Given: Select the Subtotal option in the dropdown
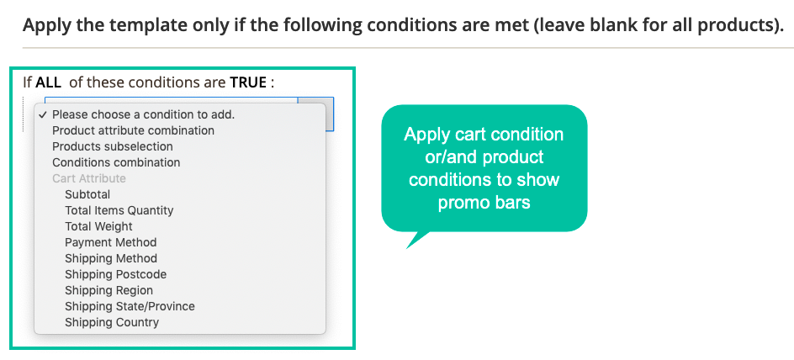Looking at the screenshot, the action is point(87,194).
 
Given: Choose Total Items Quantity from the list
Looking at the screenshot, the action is point(119,210).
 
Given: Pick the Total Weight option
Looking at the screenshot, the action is point(98,226).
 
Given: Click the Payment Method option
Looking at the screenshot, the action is point(111,242).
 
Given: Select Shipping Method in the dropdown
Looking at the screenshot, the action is point(111,258).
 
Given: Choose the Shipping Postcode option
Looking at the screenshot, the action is point(115,274).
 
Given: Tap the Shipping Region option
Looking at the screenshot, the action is point(109,291).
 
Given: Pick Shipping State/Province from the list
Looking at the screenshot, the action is point(130,306).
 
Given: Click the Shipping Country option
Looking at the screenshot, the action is point(112,322).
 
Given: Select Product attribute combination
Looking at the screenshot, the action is point(133,130).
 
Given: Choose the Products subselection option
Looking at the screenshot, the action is point(113,146).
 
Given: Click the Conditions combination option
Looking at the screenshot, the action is point(116,162).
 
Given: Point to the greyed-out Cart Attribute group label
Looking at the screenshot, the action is point(89,178).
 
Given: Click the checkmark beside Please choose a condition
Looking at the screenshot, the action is point(44,114).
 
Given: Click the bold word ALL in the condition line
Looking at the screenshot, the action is point(48,82).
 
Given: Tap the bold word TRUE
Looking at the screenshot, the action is point(248,82).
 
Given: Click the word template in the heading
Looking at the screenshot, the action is point(110,25).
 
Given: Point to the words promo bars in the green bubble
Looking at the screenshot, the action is point(484,202).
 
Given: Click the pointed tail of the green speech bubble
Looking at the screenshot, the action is point(407,248).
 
